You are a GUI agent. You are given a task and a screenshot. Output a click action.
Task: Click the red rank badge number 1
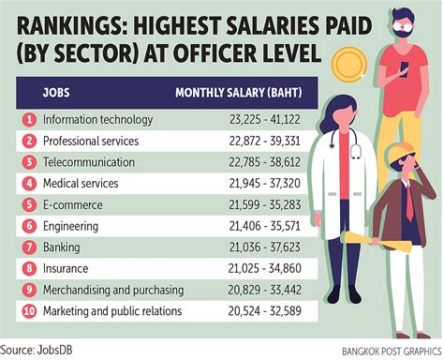click(29, 120)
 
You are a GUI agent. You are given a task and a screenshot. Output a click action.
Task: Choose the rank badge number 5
click(29, 203)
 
